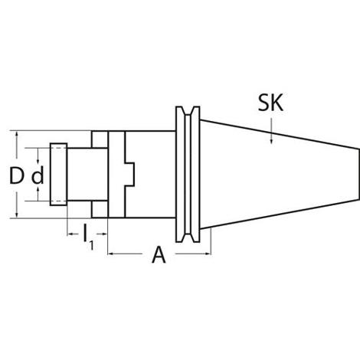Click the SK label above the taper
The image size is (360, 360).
[270, 103]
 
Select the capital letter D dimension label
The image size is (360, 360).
[16, 175]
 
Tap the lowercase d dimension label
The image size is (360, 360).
[38, 175]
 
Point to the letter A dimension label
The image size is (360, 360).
[159, 254]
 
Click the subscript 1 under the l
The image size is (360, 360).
[91, 245]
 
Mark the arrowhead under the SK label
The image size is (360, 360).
[271, 139]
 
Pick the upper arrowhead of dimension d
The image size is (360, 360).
[38, 161]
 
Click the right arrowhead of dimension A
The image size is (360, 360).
[207, 254]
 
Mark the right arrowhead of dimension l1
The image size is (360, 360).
[103, 234]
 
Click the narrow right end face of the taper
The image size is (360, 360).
[358, 174]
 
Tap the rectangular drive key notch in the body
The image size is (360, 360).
[129, 174]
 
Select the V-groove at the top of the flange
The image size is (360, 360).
[188, 112]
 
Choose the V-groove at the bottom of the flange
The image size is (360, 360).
[188, 237]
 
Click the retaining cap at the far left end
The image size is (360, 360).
[58, 175]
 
